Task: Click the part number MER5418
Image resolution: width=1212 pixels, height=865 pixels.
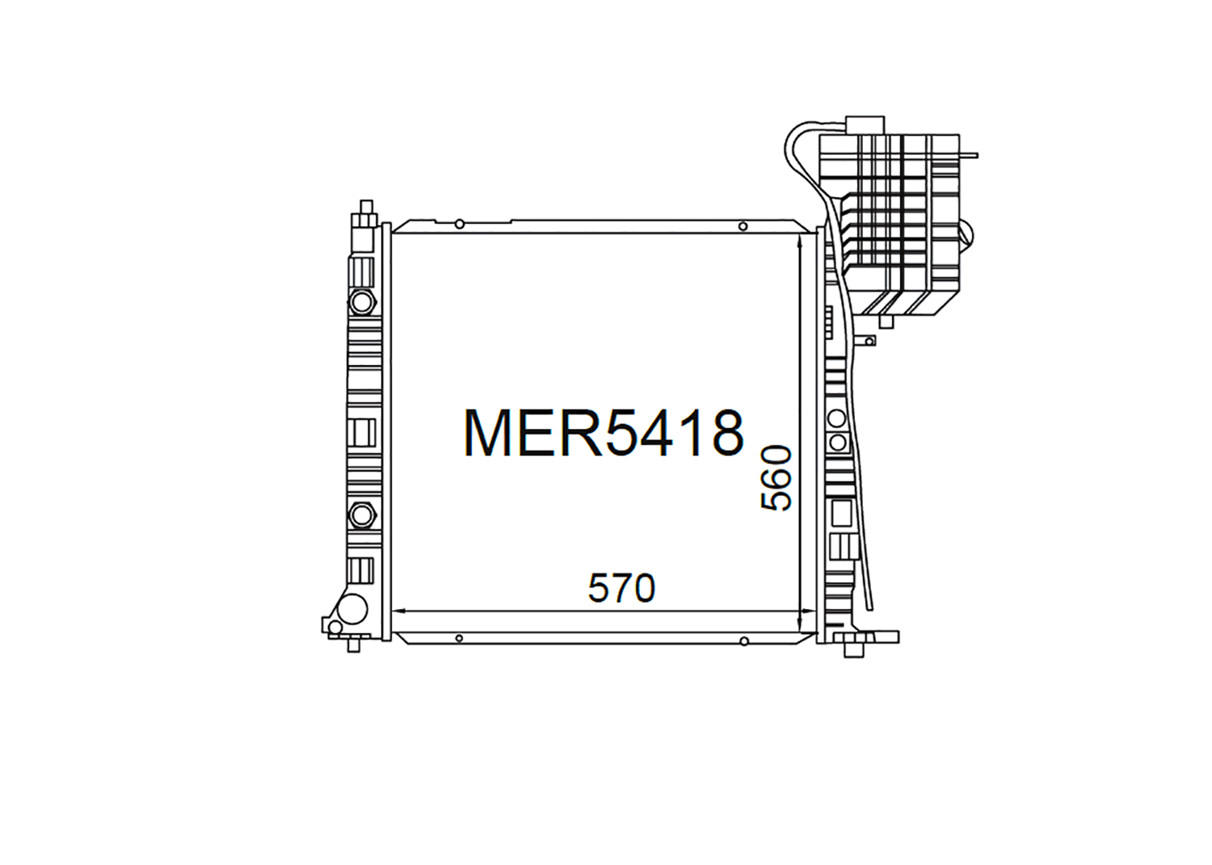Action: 603,434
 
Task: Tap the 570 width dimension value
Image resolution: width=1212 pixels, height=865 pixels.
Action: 621,589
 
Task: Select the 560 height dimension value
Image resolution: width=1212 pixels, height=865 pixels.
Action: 776,478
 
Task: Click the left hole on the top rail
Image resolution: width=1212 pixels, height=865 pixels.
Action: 459,224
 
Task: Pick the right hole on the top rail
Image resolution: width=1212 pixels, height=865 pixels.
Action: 743,226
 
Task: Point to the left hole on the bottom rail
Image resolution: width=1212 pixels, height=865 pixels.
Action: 459,639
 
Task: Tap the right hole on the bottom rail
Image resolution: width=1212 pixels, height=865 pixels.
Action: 743,642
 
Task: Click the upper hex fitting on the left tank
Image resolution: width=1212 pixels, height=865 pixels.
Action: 362,302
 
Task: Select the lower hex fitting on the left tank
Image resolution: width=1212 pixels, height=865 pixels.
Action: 361,514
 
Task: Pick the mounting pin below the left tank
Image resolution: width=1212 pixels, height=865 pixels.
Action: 353,645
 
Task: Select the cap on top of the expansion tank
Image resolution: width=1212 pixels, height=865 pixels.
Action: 865,125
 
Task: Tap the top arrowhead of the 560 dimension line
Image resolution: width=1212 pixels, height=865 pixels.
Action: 799,239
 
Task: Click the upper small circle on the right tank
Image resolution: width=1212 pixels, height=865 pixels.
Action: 837,418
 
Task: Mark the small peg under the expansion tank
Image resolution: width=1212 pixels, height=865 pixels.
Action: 886,321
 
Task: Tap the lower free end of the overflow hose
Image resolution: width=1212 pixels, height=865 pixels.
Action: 870,606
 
